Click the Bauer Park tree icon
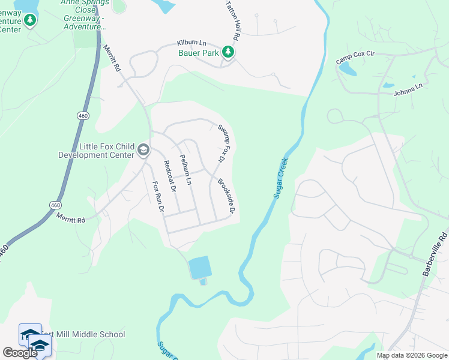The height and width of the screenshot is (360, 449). coord(228,52)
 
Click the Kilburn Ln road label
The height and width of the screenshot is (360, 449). coord(191,43)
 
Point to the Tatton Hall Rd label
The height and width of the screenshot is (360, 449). coord(232,20)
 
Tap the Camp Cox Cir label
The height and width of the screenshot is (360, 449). coord(355,58)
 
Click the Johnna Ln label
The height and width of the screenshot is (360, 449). coord(408,86)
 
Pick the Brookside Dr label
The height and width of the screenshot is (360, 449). coord(226,196)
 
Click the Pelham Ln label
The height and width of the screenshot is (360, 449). coord(185,169)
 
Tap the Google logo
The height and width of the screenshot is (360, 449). coord(19,353)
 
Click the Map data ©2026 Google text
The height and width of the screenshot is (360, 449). coord(411,355)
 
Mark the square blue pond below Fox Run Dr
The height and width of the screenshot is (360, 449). coord(200,268)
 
